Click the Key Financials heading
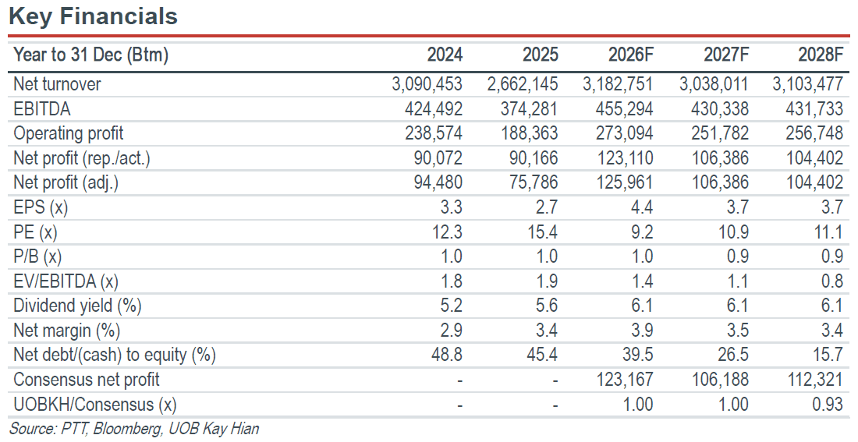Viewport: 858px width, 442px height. pos(94,16)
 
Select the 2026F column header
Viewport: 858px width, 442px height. pos(630,55)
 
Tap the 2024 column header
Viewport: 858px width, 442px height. pos(445,55)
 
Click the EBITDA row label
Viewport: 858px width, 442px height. pos(42,109)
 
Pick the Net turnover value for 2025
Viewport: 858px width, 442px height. pos(523,84)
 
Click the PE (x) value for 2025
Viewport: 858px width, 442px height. pos(542,232)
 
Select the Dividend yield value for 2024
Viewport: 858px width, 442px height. pos(451,306)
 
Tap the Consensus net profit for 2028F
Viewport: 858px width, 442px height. pos(814,379)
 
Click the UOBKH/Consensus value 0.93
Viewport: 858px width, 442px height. pos(828,405)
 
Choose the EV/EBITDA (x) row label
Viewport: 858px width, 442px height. pos(66,281)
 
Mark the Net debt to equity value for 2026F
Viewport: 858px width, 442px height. pos(637,355)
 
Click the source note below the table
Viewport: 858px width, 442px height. pos(134,428)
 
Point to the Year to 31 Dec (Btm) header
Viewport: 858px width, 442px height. pos(90,55)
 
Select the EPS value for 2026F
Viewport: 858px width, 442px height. pos(643,207)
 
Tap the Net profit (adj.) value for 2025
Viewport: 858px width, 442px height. pos(534,182)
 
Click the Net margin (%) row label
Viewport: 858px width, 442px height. pos(67,331)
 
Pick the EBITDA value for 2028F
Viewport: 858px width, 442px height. pos(814,109)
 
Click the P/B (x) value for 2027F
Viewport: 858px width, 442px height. pos(738,256)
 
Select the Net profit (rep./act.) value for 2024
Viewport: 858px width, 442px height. pos(438,158)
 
